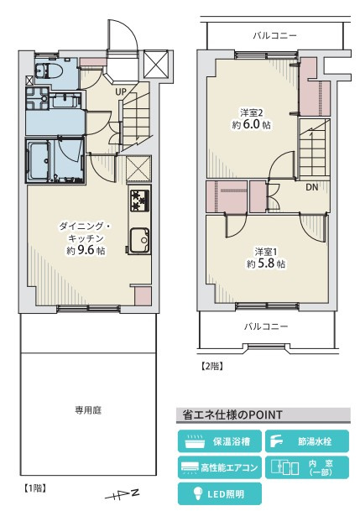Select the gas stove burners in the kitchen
point(138,201)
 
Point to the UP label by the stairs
point(121,91)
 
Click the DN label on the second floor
point(311,187)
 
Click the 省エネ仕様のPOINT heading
point(230,415)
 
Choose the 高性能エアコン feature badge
point(220,467)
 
